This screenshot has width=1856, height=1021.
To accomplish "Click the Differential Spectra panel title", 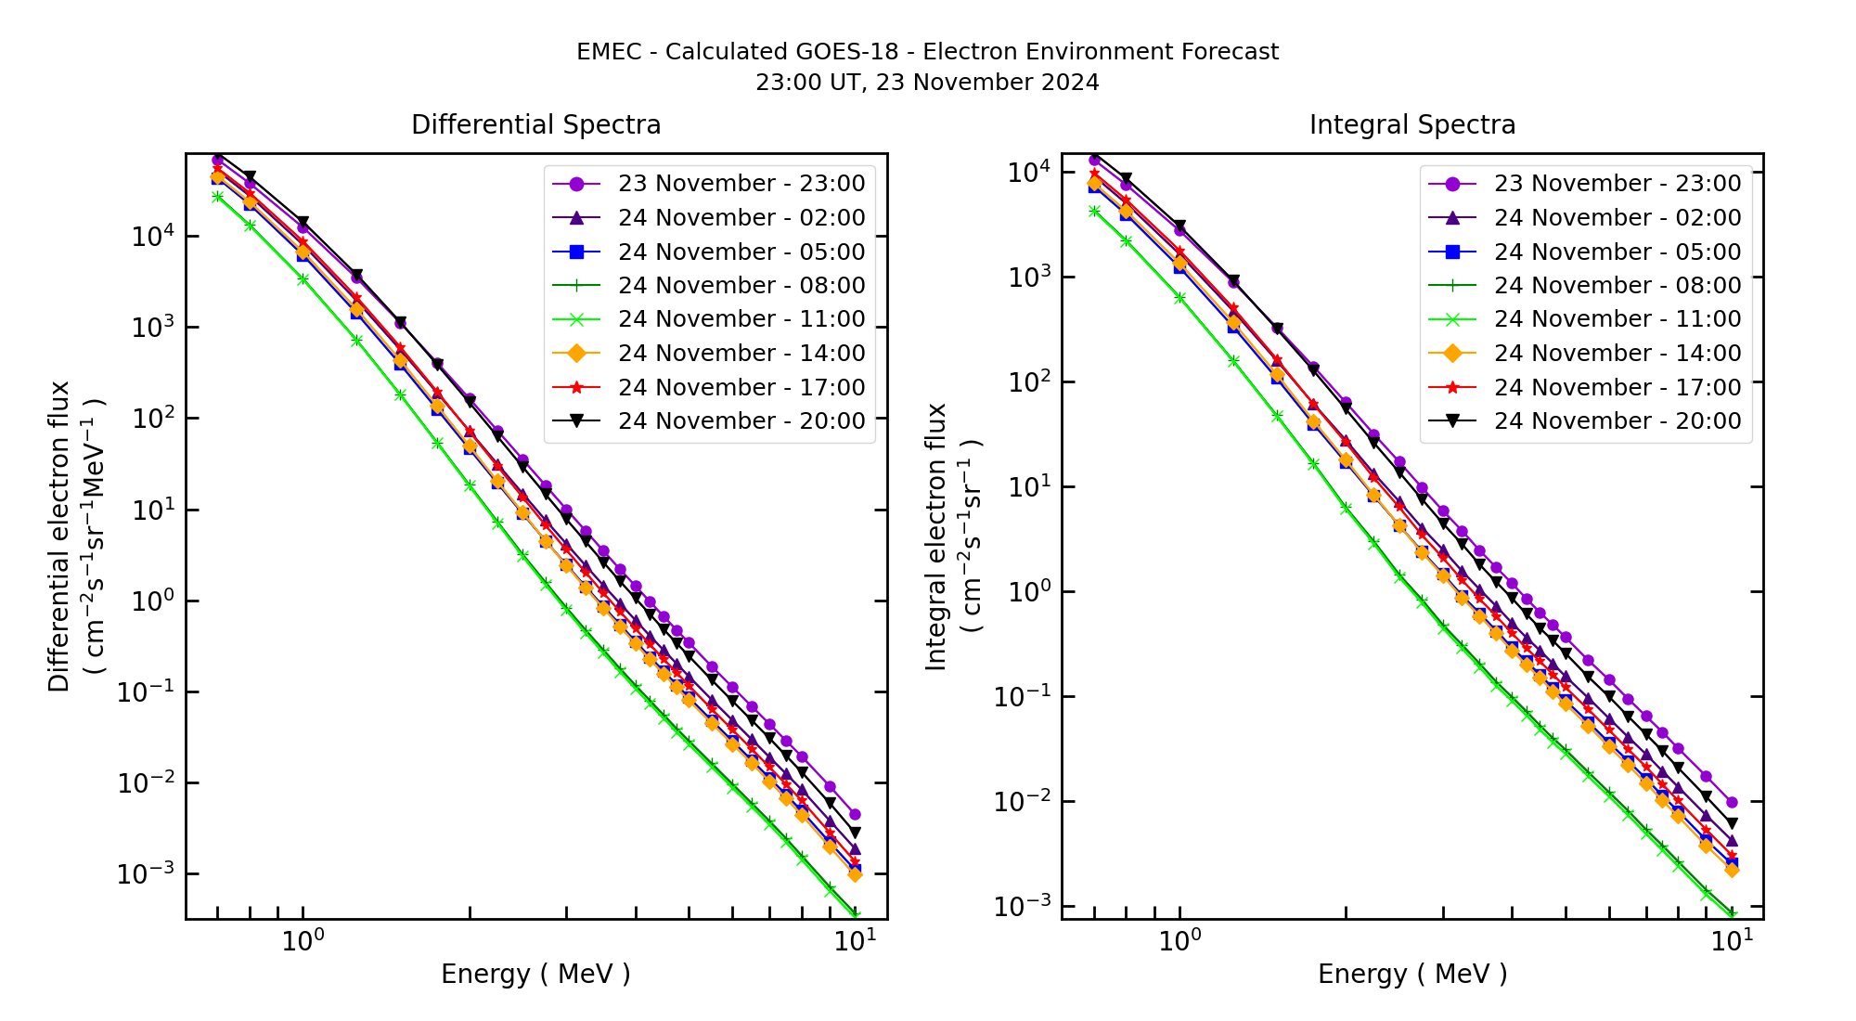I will click(x=535, y=124).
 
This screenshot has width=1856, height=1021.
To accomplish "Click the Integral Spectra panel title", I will click(x=1411, y=124).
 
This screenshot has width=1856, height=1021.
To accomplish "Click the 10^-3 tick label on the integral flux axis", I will click(x=1023, y=907).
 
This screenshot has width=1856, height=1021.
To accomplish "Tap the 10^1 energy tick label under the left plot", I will click(x=855, y=942).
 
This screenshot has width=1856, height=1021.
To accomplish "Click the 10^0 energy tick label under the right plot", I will click(x=1179, y=942).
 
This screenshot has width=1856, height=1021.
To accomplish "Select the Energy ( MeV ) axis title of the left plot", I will click(x=535, y=974).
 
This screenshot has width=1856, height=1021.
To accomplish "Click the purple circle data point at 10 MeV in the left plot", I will click(x=855, y=814).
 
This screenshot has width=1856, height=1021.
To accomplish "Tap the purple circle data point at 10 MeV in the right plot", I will click(x=1732, y=802).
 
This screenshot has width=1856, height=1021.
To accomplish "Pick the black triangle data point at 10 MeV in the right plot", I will click(x=1732, y=823).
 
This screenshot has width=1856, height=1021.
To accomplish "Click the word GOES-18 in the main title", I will click(x=854, y=52).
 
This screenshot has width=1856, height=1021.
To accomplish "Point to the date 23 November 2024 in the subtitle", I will click(x=987, y=83).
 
